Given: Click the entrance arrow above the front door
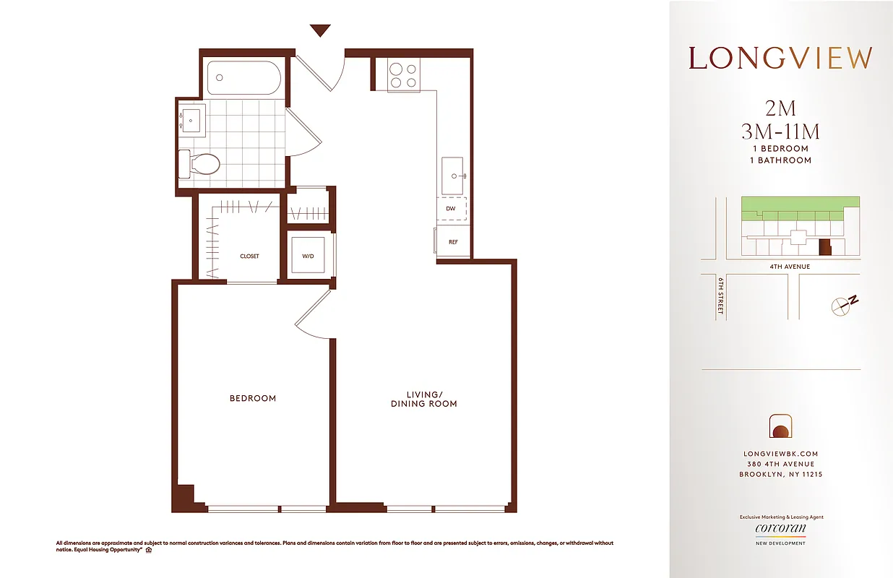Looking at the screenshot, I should click(320, 30).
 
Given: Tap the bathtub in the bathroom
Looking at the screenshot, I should click(242, 77).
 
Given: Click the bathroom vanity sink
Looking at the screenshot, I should click(191, 119).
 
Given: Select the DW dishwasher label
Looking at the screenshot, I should click(451, 209).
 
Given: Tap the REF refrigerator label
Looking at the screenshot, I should click(453, 242).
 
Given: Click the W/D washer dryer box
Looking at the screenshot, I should click(309, 256).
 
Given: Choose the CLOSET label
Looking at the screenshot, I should click(249, 256).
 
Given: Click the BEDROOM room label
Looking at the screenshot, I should click(253, 398).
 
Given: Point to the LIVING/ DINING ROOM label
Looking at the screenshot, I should click(423, 400).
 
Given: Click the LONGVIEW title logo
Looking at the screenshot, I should click(780, 59).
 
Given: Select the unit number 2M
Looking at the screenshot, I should click(780, 108).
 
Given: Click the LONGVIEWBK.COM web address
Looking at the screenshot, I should click(780, 454).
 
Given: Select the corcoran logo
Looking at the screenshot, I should click(780, 529).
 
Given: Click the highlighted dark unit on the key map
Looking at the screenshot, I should click(824, 247).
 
